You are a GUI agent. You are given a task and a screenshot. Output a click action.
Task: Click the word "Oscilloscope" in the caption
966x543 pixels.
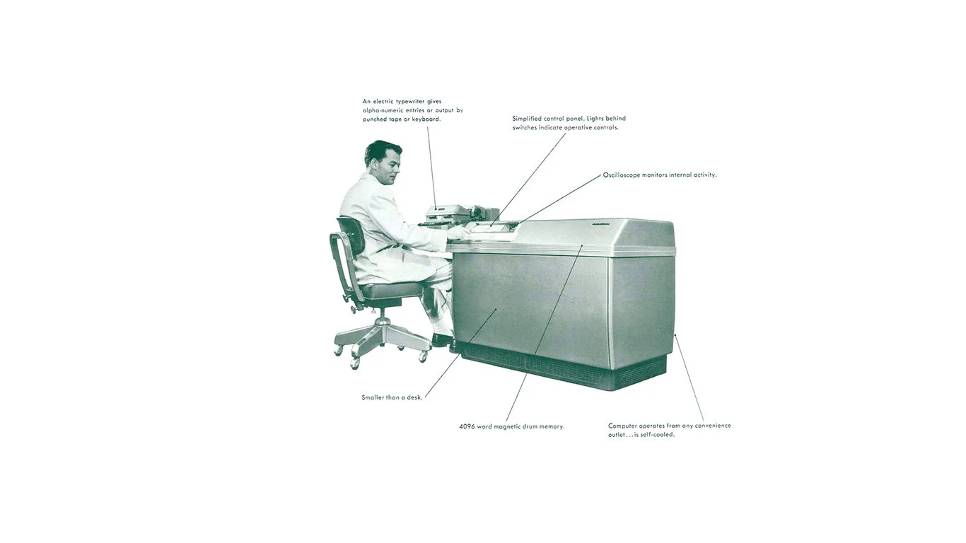[x=621, y=175]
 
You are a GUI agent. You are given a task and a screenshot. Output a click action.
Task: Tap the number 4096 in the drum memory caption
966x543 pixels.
[x=467, y=426]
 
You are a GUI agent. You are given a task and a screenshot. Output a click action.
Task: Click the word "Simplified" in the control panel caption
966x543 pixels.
[x=528, y=119]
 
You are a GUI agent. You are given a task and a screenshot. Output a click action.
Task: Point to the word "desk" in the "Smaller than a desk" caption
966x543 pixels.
[x=414, y=397]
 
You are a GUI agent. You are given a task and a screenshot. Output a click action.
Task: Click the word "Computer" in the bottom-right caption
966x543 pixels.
[x=624, y=426]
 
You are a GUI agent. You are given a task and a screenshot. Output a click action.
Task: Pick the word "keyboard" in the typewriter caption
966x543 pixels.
[x=426, y=119]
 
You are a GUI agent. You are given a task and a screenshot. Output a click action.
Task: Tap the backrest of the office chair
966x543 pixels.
[x=350, y=235]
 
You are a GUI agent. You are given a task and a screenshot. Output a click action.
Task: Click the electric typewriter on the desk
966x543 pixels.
[x=453, y=212]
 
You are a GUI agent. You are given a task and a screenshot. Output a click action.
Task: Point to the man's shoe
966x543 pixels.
[x=442, y=340]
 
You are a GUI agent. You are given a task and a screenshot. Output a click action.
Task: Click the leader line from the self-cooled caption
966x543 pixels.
[x=689, y=378]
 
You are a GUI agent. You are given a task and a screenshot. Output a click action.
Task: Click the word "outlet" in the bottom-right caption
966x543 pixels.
[x=619, y=434]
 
